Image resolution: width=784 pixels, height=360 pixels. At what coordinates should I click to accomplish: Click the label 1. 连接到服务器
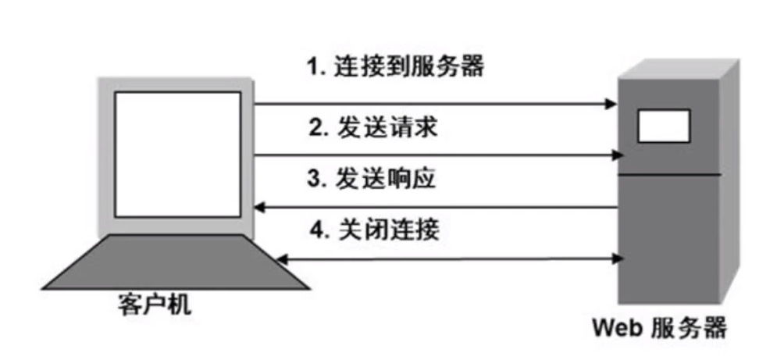pos(394,66)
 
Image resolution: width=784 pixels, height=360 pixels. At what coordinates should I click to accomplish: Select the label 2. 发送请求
pos(372,127)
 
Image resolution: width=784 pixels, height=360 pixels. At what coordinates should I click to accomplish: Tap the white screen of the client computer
pos(177,154)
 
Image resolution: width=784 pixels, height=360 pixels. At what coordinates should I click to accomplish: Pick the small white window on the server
pos(664,126)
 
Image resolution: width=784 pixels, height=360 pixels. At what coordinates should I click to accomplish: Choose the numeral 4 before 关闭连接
pos(315,231)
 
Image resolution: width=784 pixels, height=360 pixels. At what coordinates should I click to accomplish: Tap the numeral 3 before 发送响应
pos(313,180)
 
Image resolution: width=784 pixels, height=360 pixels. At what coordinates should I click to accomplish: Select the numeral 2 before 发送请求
pos(315,128)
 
